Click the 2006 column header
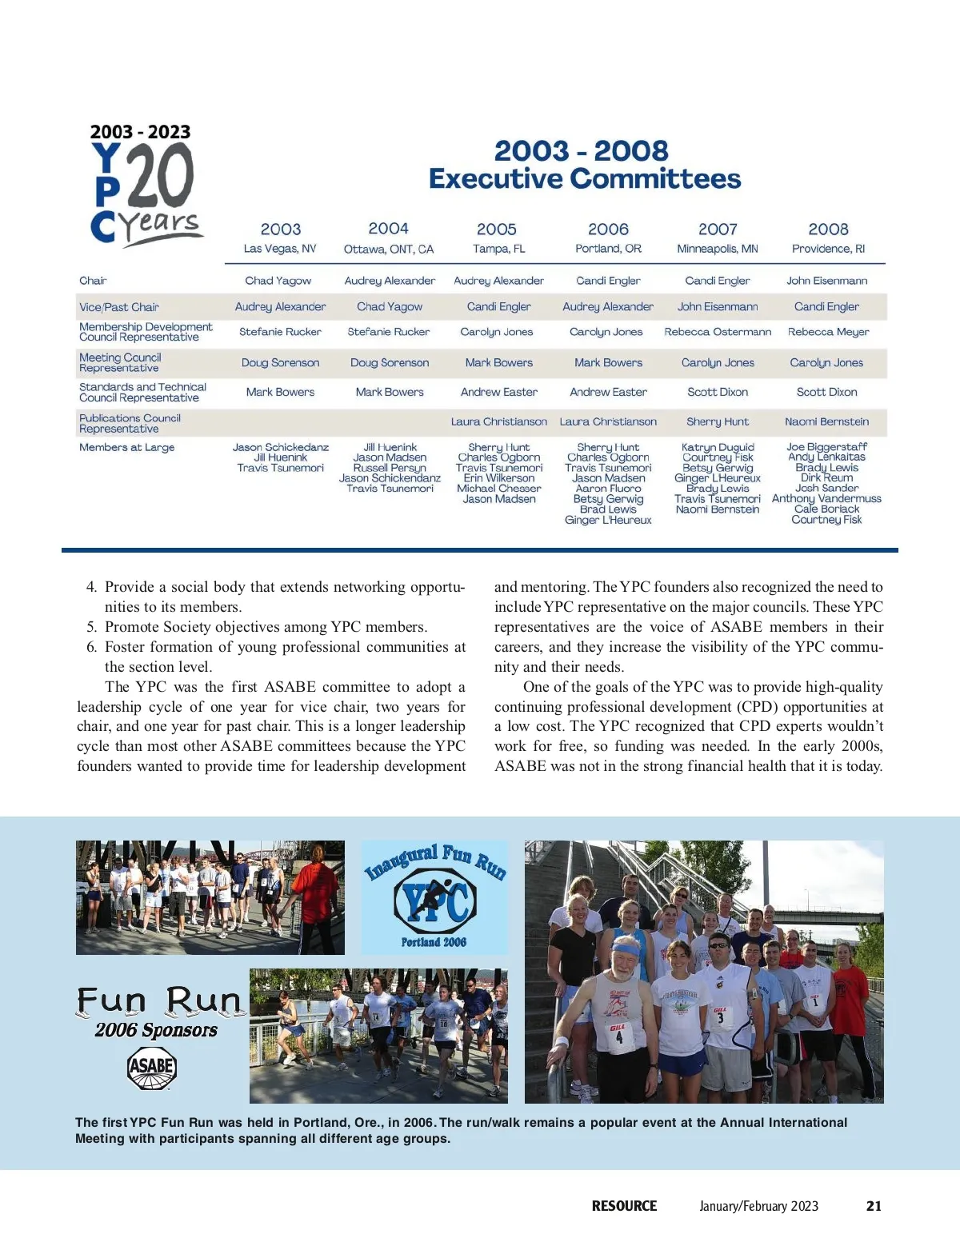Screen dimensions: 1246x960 coord(608,230)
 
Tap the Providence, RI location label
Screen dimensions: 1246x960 coord(828,249)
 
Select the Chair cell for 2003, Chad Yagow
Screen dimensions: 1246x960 coord(278,281)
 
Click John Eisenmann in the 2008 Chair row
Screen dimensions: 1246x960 coord(826,281)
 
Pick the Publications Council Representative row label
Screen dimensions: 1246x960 coord(130,423)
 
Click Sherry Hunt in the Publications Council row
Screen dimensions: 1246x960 coord(718,421)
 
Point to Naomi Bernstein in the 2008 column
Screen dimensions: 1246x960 coord(826,421)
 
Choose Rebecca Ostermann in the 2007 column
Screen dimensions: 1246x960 coord(718,332)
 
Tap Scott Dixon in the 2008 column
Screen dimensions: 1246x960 coord(826,392)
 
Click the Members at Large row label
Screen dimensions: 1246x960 coord(126,448)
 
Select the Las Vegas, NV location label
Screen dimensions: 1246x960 coord(280,249)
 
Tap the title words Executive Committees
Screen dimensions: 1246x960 coord(585,178)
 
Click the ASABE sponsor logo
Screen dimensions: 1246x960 coord(152,1068)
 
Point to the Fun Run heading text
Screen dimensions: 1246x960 coord(158,1000)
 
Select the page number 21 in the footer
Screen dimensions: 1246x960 coord(874,1206)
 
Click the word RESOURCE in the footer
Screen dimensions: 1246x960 coord(624,1206)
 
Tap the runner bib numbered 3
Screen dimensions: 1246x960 coord(721,1018)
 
